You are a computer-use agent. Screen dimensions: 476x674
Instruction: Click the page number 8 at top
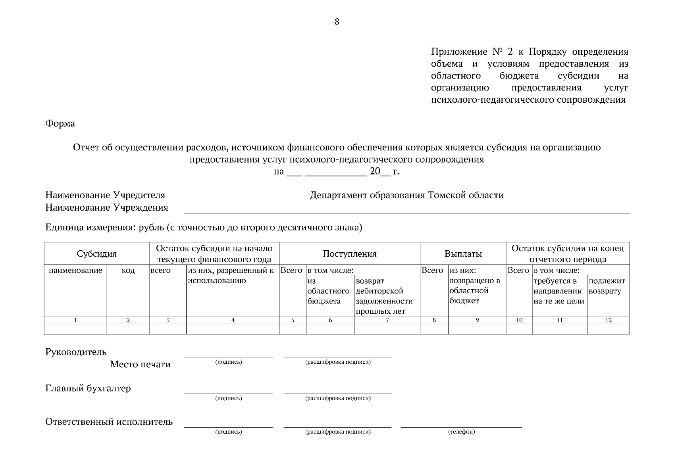(x=337, y=22)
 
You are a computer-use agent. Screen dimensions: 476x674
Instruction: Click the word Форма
(x=60, y=123)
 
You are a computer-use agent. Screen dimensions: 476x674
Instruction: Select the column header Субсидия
(x=97, y=254)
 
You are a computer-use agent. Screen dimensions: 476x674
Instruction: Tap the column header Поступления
(x=350, y=254)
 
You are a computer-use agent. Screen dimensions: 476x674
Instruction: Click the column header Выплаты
(x=463, y=254)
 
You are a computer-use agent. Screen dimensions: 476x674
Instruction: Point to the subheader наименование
(x=75, y=271)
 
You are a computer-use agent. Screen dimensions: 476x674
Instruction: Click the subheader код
(x=128, y=271)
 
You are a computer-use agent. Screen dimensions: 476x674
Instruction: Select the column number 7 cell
(x=387, y=320)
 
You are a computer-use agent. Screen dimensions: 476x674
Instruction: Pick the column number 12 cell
(x=609, y=320)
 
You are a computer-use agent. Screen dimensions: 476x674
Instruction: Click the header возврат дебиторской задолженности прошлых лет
(x=384, y=296)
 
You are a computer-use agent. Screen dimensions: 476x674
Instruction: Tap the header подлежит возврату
(x=607, y=286)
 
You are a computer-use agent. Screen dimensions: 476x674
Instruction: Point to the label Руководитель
(x=76, y=352)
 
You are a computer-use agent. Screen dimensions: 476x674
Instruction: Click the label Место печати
(x=140, y=364)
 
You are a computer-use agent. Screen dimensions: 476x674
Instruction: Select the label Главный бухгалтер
(x=88, y=388)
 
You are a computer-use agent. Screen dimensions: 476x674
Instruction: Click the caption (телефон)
(x=461, y=432)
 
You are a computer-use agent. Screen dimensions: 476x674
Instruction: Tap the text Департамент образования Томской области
(x=407, y=195)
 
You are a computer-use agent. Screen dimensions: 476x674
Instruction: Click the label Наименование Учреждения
(x=107, y=207)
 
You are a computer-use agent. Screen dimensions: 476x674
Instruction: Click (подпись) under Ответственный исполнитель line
(x=228, y=432)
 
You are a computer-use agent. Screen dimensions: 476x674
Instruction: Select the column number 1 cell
(x=75, y=320)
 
